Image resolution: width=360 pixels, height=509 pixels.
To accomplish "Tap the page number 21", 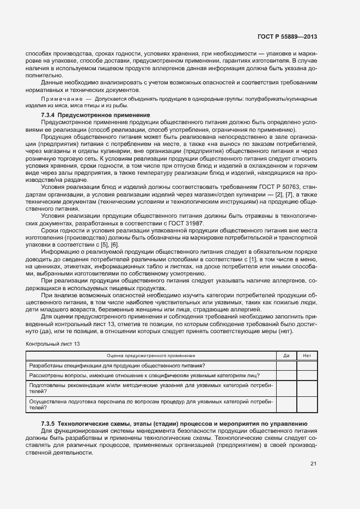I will [313, 464].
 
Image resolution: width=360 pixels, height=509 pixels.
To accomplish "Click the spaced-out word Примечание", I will [58, 99].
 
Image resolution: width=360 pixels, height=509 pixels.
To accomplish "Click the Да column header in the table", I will [286, 355].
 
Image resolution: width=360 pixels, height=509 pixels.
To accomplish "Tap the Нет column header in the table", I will [307, 355].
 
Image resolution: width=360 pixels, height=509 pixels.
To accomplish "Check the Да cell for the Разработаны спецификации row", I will [286, 365].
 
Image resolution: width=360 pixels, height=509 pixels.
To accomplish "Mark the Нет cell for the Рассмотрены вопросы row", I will [307, 376].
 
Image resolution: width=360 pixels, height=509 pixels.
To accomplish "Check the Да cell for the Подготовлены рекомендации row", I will [286, 388].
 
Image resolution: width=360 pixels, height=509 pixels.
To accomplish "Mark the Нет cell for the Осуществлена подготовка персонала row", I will [307, 404].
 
